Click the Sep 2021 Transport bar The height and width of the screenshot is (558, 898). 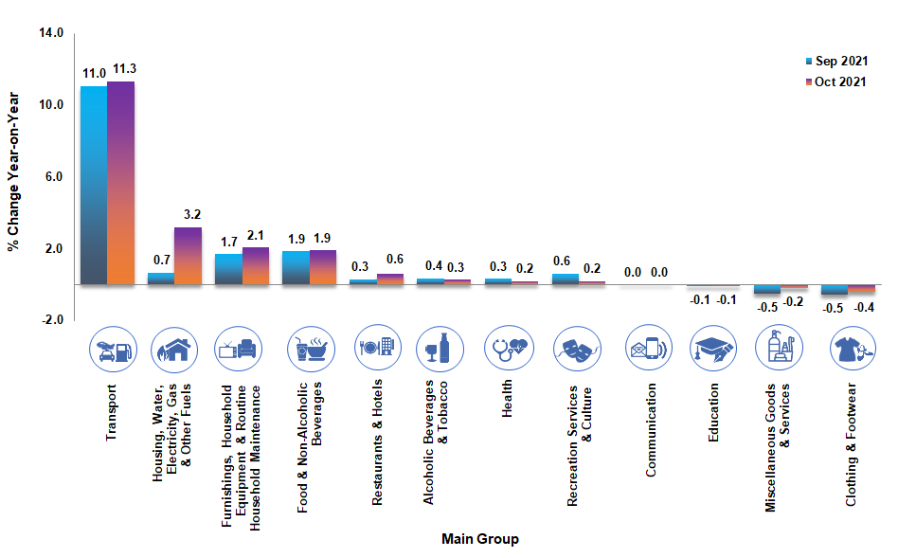click(x=93, y=185)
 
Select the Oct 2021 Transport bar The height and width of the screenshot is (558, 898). click(x=120, y=183)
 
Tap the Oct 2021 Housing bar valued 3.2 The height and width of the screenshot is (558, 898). click(x=188, y=255)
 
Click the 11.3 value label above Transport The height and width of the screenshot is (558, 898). click(x=125, y=69)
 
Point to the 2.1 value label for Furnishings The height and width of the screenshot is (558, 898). click(x=256, y=235)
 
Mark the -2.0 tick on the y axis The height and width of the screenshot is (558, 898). click(x=51, y=320)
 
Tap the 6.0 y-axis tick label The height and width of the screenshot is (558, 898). click(x=53, y=177)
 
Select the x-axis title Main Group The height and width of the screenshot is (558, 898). click(x=479, y=539)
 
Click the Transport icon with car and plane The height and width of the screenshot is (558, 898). click(x=113, y=349)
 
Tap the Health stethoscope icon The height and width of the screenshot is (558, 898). click(x=509, y=349)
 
